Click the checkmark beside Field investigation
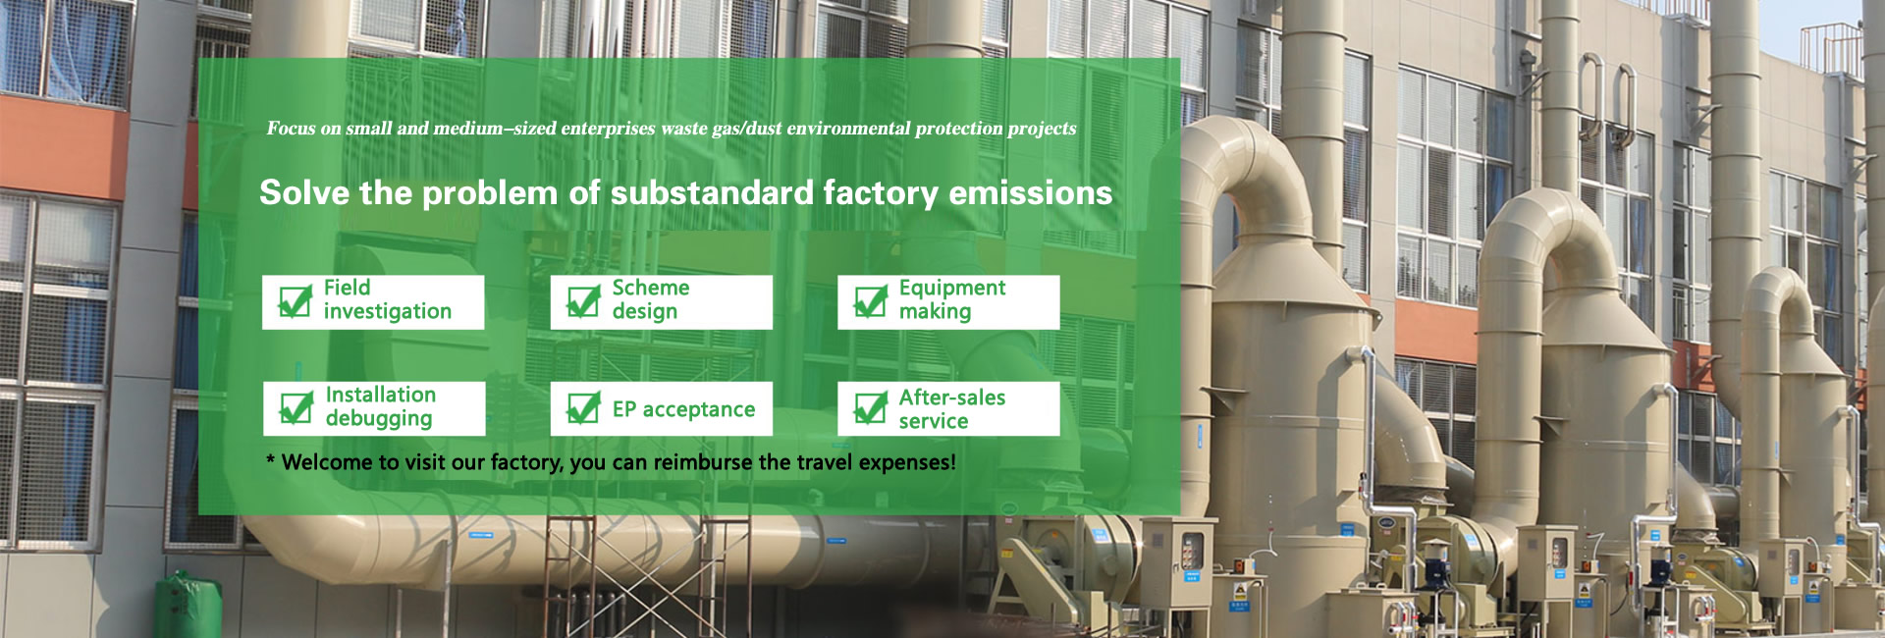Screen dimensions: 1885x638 [296, 301]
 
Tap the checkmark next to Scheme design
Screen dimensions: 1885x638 [583, 301]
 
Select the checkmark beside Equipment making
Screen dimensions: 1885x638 [871, 301]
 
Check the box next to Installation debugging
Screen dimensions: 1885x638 [296, 408]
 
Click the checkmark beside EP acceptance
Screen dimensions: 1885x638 [583, 408]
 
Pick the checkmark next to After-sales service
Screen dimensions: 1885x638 [871, 408]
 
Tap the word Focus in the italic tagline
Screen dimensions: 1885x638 [291, 129]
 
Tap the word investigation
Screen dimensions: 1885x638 [388, 312]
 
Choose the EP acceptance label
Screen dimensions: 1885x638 [683, 410]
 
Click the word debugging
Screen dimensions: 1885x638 [379, 419]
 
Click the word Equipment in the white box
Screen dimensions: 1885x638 [952, 289]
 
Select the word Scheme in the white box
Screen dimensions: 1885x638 [651, 288]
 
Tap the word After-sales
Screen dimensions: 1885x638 [952, 398]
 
